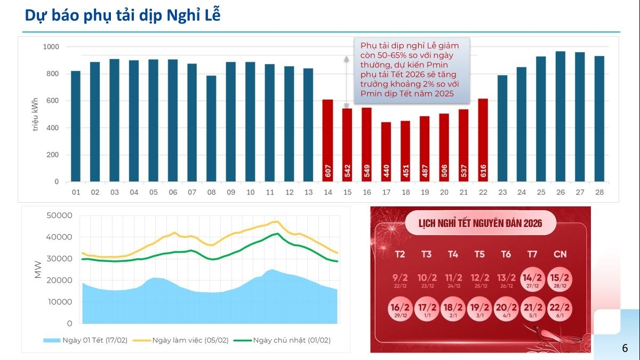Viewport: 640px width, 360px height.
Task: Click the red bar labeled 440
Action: pos(386,152)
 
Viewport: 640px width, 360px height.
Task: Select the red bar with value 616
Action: pos(483,140)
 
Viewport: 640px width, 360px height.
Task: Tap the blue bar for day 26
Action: pos(561,116)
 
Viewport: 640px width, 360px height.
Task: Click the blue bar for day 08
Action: pos(211,129)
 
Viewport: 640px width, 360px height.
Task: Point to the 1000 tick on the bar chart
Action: pos(51,47)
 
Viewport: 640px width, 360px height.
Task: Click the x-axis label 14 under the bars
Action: pos(327,192)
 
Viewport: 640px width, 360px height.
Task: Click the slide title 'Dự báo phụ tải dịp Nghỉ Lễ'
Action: pos(123,16)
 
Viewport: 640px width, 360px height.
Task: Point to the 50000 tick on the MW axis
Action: pos(60,215)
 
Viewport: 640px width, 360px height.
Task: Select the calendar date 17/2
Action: pos(426,309)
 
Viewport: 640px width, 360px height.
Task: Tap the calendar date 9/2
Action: pos(399,279)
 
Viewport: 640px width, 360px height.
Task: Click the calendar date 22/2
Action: pos(559,309)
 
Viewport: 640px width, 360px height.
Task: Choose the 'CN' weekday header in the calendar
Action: pos(559,254)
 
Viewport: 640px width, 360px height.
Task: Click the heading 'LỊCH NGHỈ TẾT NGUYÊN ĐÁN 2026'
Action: pos(481,223)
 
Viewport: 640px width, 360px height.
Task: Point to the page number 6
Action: pos(625,348)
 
